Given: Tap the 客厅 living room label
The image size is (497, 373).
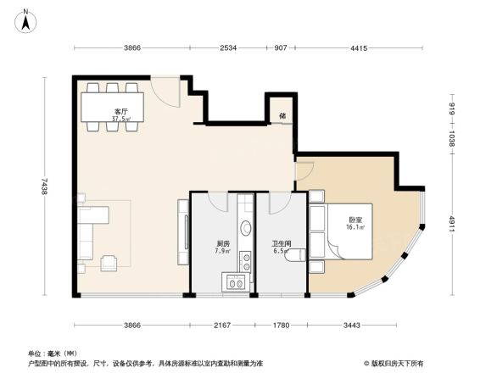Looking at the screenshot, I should tap(121, 112).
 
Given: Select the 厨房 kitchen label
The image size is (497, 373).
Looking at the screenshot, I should tap(223, 242).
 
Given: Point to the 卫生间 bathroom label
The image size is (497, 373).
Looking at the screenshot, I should tap(282, 242).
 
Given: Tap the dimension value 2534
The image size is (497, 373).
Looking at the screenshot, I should tap(228, 48).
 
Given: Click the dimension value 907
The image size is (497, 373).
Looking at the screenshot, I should tap(280, 48).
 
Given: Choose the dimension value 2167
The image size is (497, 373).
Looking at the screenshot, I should tap(222, 326).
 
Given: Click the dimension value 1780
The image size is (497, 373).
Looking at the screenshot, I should tap(282, 326).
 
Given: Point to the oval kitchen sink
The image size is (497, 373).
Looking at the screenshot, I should tap(245, 228).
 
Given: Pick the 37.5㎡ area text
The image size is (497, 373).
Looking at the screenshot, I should tap(121, 120).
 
